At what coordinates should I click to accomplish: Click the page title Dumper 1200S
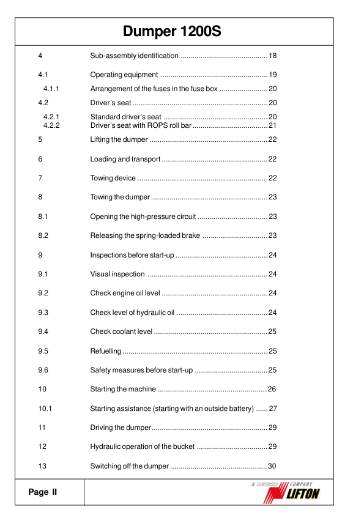click(x=171, y=31)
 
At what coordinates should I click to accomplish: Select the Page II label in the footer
click(x=42, y=492)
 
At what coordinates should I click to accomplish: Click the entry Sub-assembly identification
click(x=134, y=56)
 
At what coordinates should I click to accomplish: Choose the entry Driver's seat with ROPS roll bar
click(x=141, y=125)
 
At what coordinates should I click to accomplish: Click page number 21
click(x=273, y=125)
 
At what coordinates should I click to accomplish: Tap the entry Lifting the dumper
click(x=119, y=140)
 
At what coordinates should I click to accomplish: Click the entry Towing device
click(x=113, y=178)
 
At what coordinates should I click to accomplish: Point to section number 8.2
click(x=43, y=235)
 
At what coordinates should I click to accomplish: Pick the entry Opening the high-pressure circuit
click(x=143, y=217)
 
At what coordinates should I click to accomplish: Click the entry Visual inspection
click(x=117, y=274)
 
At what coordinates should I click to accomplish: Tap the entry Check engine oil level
click(x=125, y=294)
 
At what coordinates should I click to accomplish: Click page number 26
click(x=273, y=389)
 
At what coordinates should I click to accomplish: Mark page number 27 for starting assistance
click(x=273, y=409)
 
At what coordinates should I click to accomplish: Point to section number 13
click(x=42, y=466)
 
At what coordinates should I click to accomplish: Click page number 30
click(x=273, y=466)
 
